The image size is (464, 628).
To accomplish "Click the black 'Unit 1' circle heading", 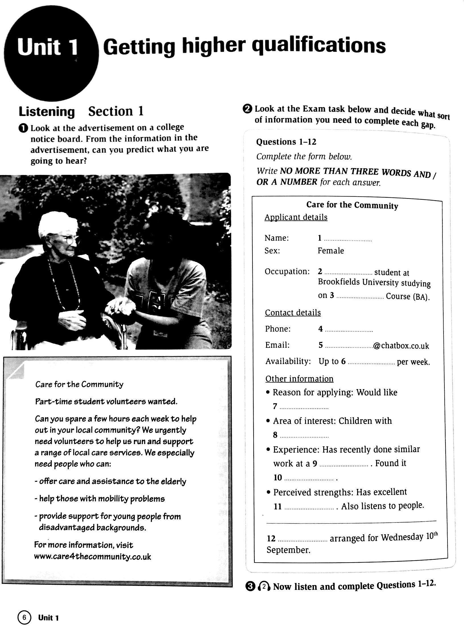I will pos(48,48).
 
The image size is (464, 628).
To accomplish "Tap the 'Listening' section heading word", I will pos(47,112).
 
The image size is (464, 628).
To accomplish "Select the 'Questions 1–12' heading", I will pos(286,142).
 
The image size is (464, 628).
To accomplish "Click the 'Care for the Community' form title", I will pos(352,205).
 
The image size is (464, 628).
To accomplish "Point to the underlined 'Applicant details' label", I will pos(296,217).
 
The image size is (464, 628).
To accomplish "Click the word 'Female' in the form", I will pos(331,251).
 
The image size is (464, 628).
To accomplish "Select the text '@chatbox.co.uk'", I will pos(401,346).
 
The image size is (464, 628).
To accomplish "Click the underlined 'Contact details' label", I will pos(293,313).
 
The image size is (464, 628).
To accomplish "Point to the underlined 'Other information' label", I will pos(299,379).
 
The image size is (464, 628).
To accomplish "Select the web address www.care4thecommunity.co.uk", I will pos(92,557).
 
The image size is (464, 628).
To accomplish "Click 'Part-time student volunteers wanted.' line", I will pos(106,402).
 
